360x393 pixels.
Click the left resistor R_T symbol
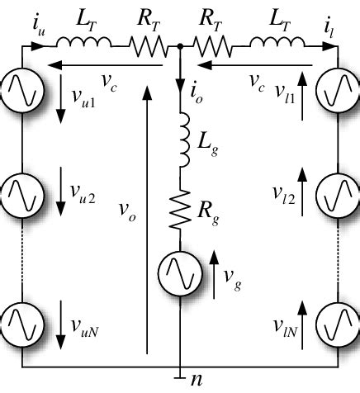(x=149, y=49)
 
